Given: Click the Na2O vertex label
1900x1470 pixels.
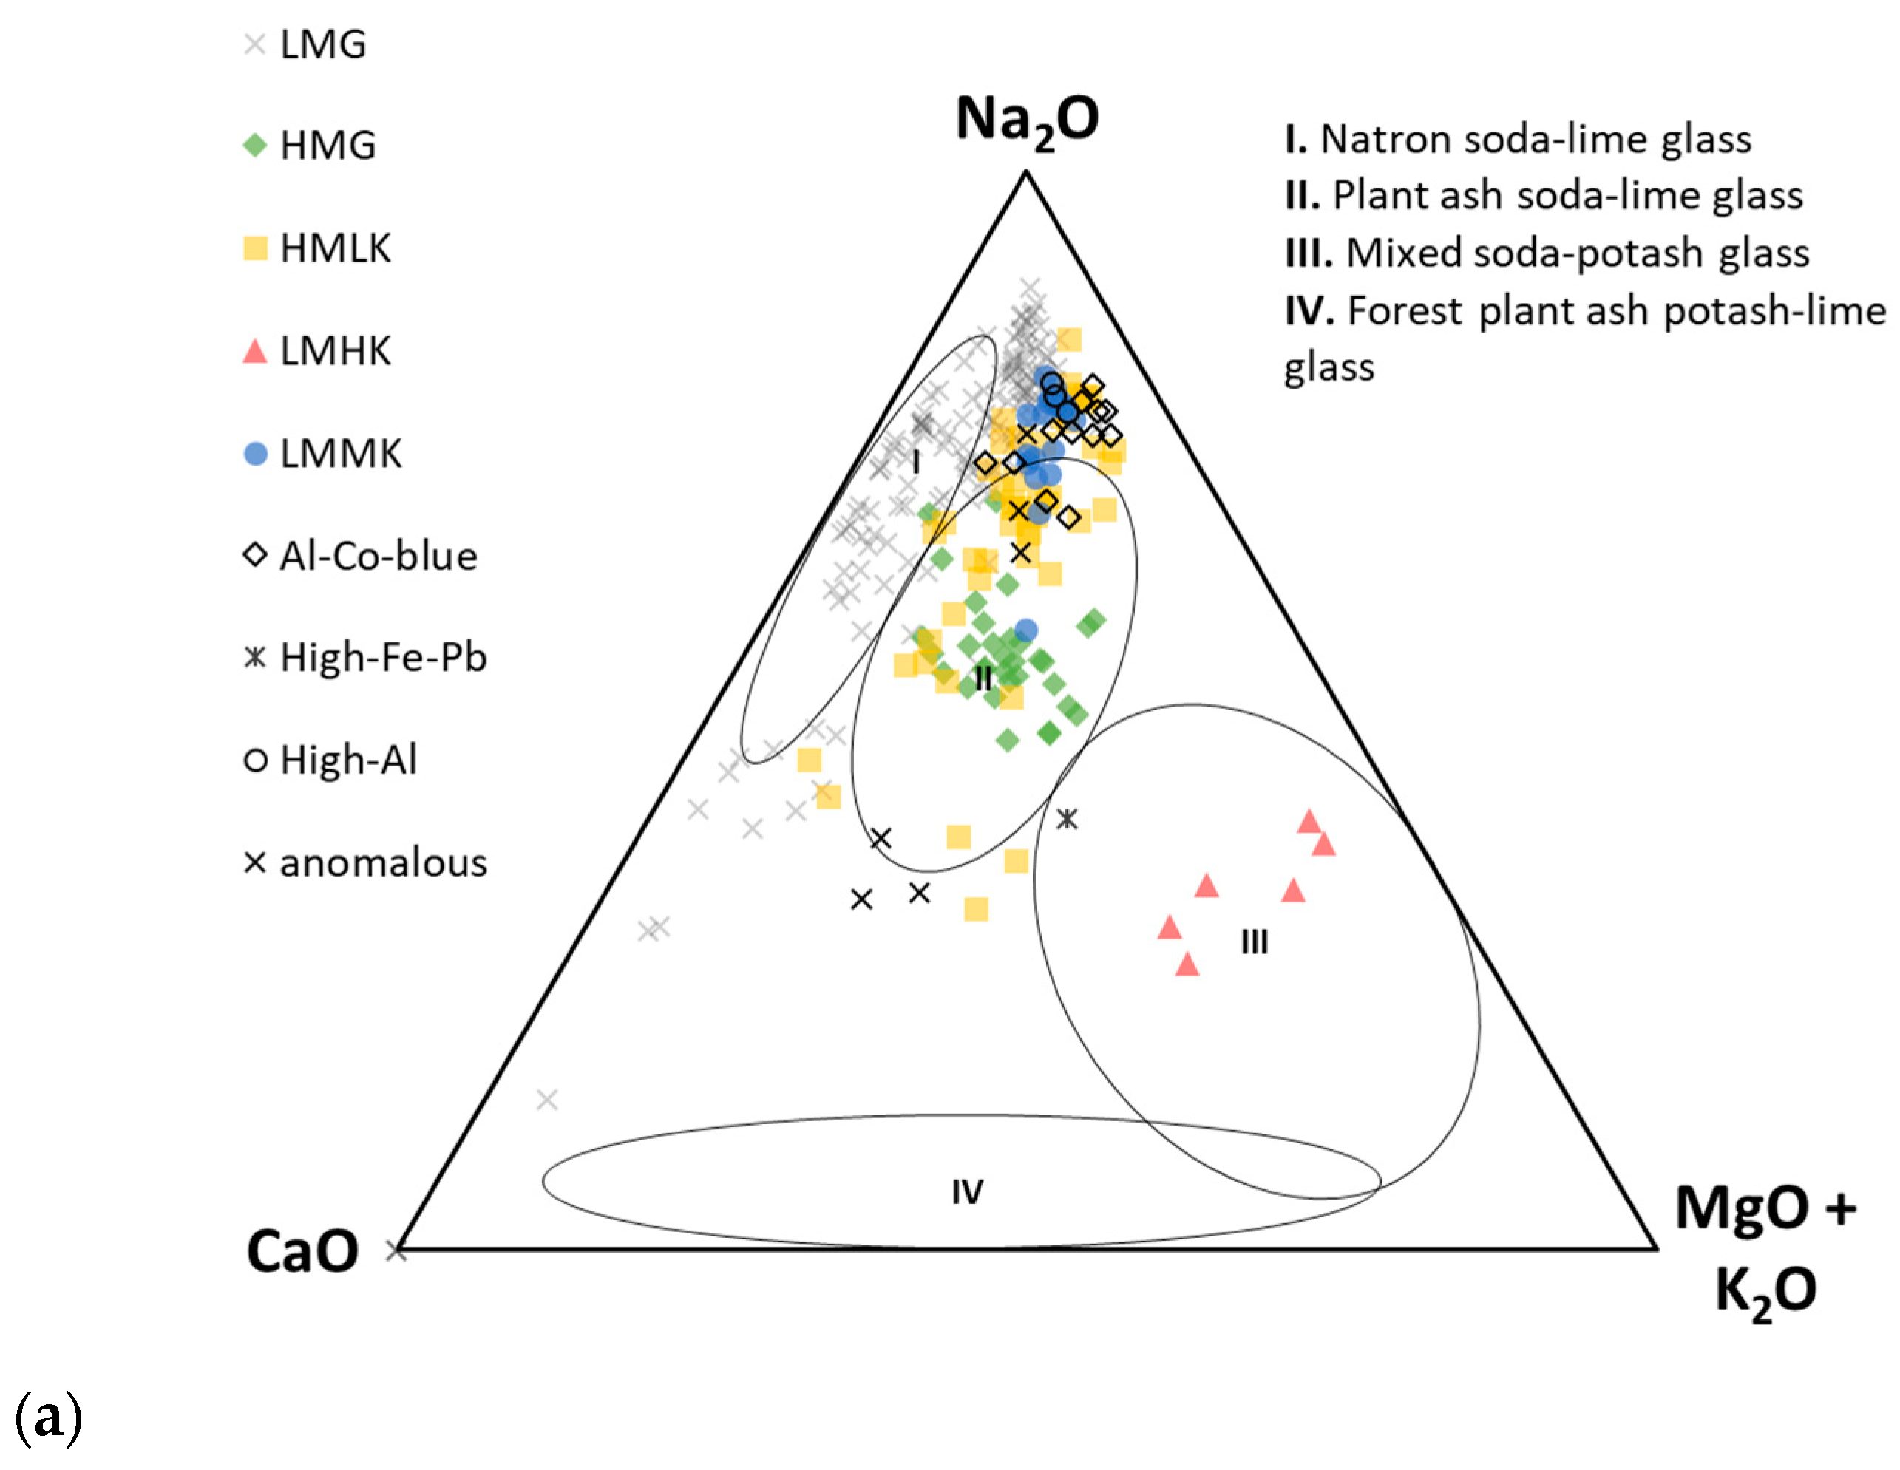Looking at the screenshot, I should [x=1027, y=120].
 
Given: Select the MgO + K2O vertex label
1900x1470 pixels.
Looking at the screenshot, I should [x=1765, y=1248].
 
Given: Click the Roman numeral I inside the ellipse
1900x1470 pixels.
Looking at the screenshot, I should [x=915, y=463].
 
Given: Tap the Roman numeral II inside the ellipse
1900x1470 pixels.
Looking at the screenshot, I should [x=983, y=678].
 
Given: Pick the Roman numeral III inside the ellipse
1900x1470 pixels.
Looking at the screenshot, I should [x=1254, y=942].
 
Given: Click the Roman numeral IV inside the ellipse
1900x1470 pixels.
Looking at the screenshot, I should [x=966, y=1191].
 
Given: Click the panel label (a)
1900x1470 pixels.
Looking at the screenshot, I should [x=49, y=1418].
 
